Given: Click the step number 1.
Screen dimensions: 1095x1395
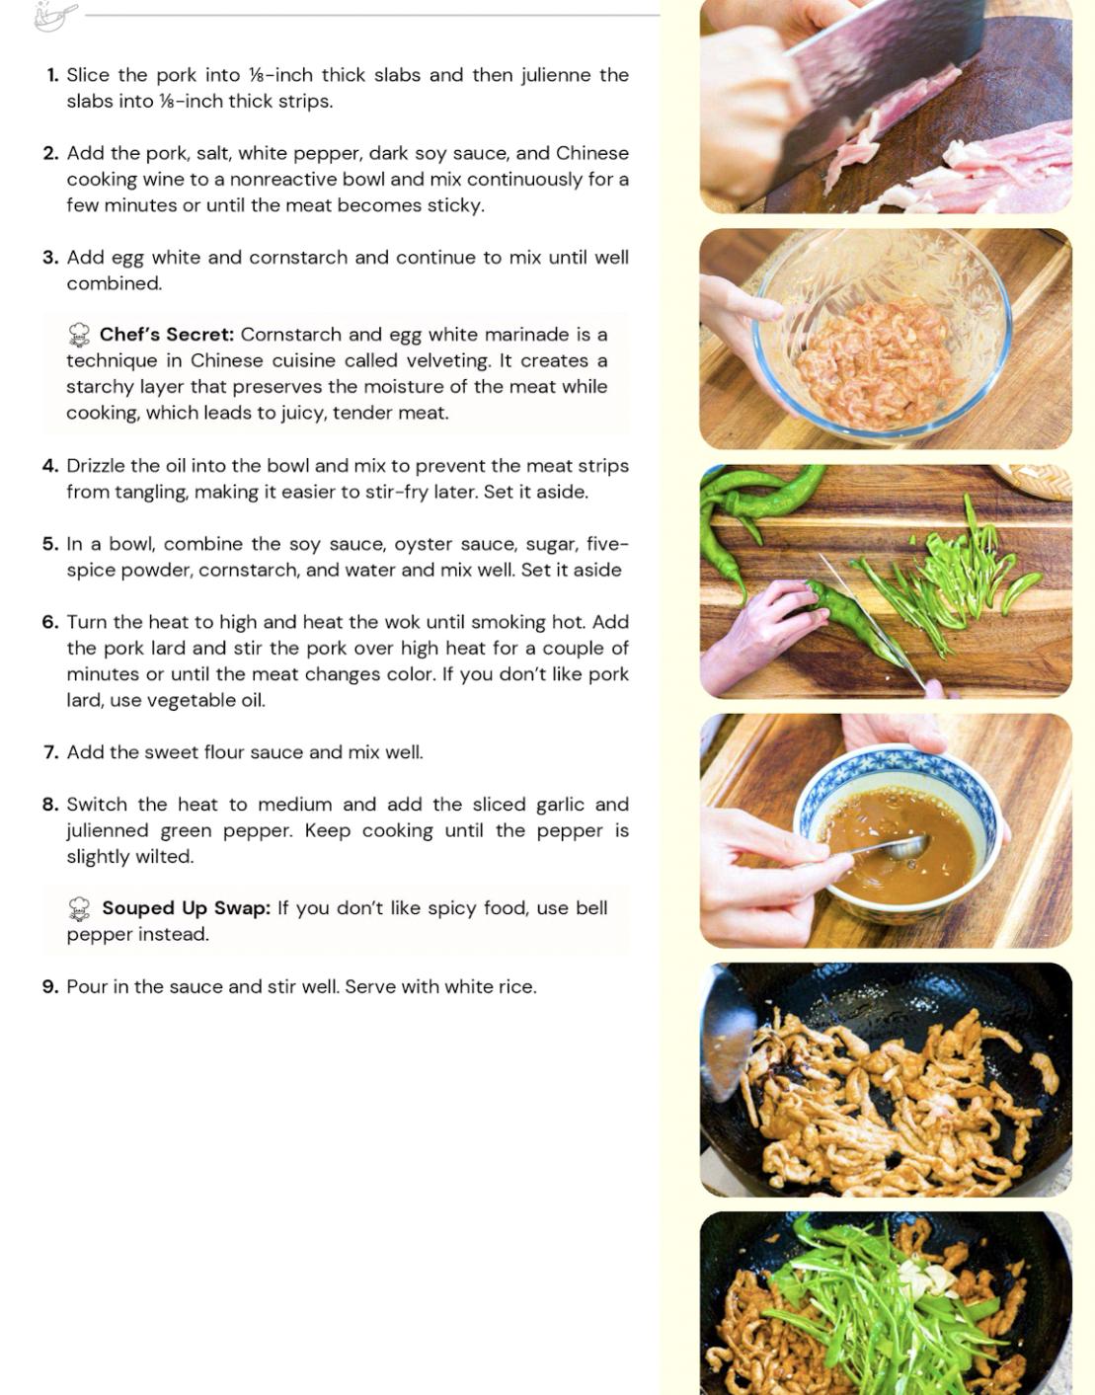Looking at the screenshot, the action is pos(52,76).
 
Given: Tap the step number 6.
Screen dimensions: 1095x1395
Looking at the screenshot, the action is pos(50,622).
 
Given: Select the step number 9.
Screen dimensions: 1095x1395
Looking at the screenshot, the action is pos(50,986).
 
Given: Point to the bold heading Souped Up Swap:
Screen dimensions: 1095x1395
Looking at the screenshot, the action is pos(187,907).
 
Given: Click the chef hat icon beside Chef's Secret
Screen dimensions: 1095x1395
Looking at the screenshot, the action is pos(79,335).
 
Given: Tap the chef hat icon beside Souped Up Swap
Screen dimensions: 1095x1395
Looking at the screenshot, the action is pos(79,909).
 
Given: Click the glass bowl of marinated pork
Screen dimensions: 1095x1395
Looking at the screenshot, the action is pos(883,334).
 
